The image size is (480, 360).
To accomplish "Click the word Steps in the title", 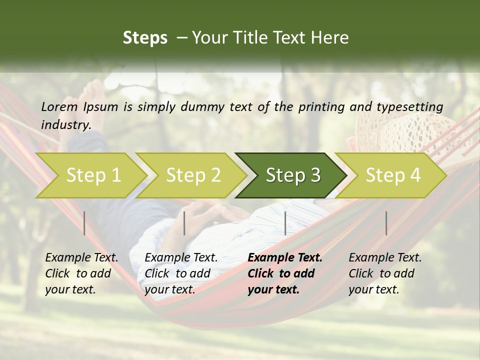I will click(x=145, y=37).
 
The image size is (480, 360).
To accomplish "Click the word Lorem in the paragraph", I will click(x=59, y=107).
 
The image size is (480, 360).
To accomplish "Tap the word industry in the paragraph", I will click(x=66, y=124).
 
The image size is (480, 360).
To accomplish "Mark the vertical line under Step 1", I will click(x=84, y=223).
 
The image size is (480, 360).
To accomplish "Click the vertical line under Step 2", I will click(x=184, y=223).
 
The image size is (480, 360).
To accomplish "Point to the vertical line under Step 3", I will click(x=285, y=223).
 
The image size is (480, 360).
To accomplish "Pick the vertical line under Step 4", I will click(x=386, y=223).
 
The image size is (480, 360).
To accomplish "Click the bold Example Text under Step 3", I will click(x=285, y=258).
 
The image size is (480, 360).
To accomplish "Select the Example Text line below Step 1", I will click(x=81, y=258).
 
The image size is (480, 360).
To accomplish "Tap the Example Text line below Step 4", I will click(x=385, y=258).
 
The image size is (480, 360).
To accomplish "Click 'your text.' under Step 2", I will click(x=170, y=289).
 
